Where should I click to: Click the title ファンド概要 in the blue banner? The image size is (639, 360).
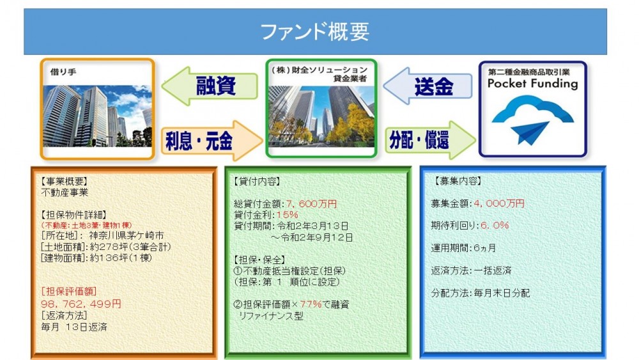coord(314,32)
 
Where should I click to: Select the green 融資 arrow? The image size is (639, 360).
coord(210,86)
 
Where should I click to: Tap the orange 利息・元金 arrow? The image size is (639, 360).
coord(212,141)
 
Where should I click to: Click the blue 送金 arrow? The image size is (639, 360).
coord(427,86)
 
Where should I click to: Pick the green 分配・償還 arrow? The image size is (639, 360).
coord(430,140)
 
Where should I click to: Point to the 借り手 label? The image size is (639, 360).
coord(63,72)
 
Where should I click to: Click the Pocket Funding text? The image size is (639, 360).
coord(533,84)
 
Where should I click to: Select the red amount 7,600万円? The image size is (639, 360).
coord(311,204)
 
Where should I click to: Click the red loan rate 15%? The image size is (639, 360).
coord(288,215)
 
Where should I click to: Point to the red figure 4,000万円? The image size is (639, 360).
coord(499,203)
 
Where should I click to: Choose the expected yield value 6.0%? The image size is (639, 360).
coord(495,226)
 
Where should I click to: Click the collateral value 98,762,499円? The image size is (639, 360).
coord(81,304)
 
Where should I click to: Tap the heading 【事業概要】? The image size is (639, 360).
coord(65,182)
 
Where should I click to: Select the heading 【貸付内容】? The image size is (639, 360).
coord(257,182)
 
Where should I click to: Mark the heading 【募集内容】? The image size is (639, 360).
coord(458,181)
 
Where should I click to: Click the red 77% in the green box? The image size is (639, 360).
coord(311,304)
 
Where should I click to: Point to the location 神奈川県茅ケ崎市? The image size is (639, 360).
coord(127,236)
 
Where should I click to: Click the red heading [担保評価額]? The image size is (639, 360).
coord(69,292)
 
